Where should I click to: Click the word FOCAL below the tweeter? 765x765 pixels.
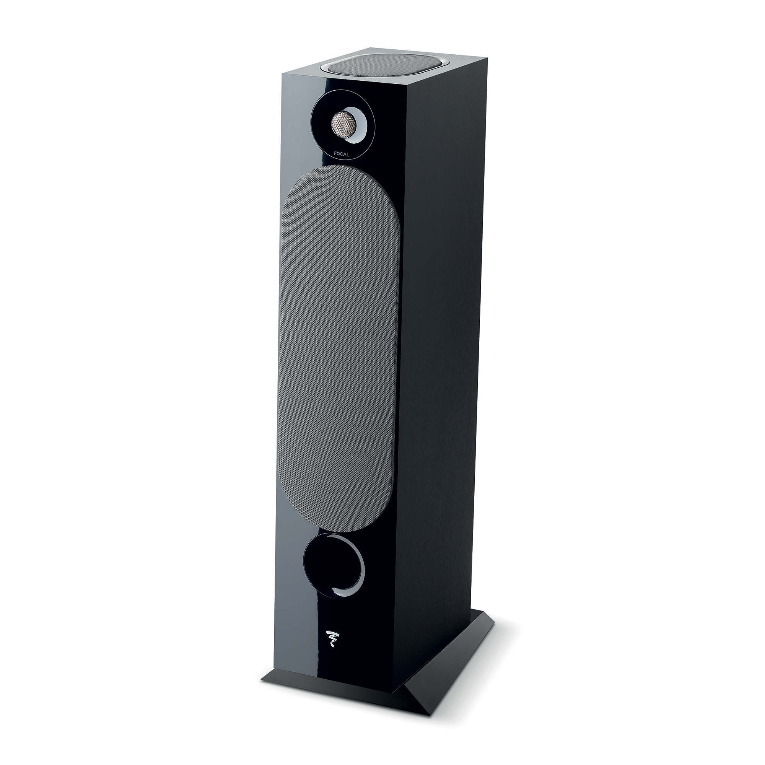pyautogui.click(x=341, y=155)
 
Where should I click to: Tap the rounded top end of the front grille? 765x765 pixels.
pyautogui.click(x=340, y=174)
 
